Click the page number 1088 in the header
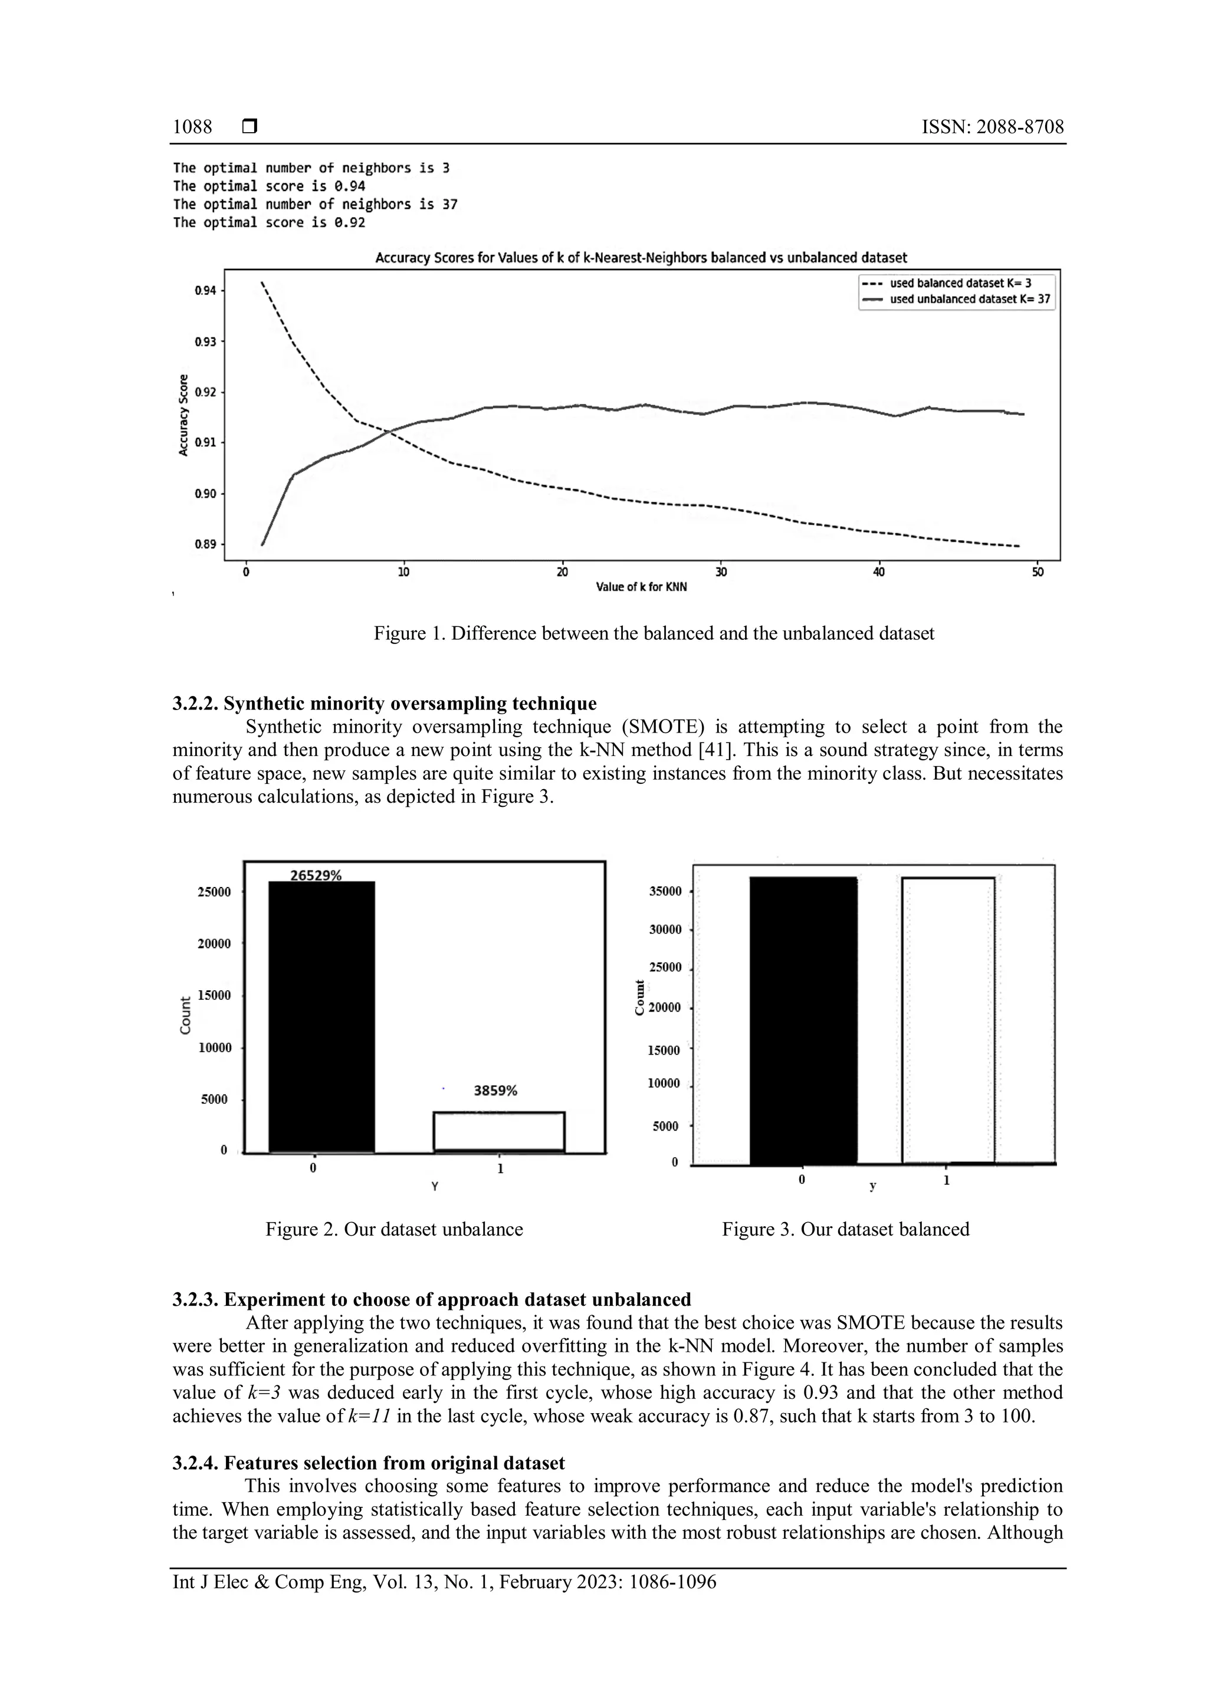pos(192,127)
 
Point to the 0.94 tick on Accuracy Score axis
pos(205,291)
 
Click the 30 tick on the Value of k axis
pos(721,572)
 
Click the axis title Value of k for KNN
pos(641,587)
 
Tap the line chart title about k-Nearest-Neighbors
pos(641,258)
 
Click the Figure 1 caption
pos(653,634)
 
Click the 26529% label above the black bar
pos(316,876)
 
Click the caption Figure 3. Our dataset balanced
pos(845,1229)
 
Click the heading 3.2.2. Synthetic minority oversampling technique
pos(385,704)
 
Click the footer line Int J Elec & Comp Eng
pos(444,1582)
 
